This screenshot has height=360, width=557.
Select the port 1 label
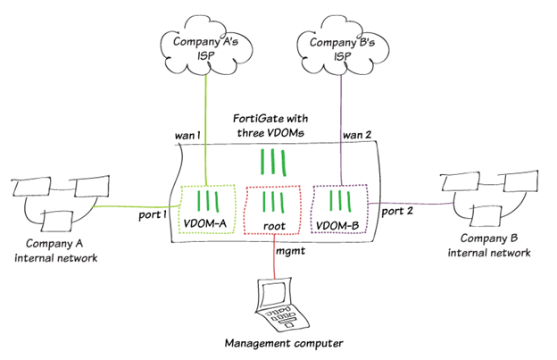tap(153, 213)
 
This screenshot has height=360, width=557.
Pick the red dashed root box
tap(274, 212)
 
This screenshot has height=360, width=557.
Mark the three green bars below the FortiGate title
tap(273, 162)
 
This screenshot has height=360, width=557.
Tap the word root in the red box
tap(274, 225)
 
